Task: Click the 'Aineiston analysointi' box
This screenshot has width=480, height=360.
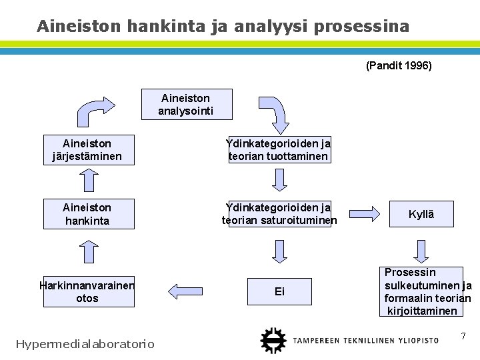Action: [x=186, y=104]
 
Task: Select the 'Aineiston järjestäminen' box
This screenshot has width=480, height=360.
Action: [x=88, y=150]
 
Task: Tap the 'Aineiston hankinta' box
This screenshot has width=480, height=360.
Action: [x=88, y=214]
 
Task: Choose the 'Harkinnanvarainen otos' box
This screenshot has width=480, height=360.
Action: [x=88, y=291]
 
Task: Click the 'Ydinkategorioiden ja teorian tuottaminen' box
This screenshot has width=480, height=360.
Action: [x=279, y=150]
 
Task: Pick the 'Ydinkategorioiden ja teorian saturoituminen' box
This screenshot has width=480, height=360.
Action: [x=279, y=214]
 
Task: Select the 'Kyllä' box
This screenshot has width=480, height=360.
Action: [x=421, y=214]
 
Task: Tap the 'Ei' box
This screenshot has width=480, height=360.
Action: [x=279, y=291]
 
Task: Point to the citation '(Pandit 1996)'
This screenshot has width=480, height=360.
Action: [x=399, y=66]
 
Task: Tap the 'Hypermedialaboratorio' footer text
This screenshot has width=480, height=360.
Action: [x=85, y=344]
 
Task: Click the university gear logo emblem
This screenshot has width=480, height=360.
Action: [x=271, y=340]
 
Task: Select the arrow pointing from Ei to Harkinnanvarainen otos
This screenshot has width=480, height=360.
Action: [x=187, y=291]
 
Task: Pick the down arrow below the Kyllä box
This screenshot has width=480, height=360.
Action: [x=421, y=249]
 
